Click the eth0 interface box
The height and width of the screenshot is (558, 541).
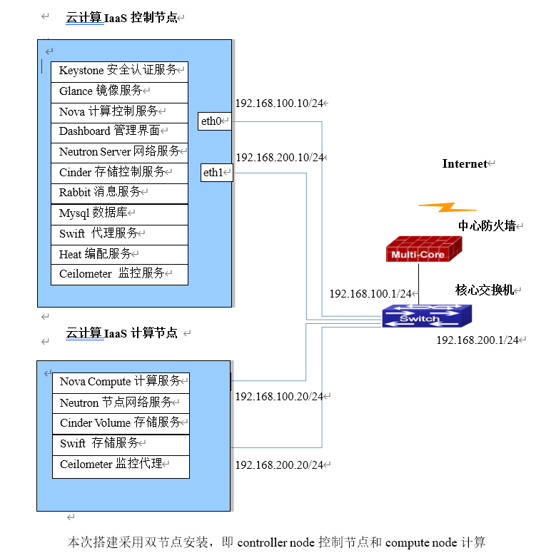pos(215,121)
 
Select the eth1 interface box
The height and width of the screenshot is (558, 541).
pos(216,173)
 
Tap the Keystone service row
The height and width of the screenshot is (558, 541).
pos(119,71)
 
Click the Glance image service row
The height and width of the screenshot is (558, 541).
pos(119,91)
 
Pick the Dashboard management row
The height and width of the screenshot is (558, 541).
pos(119,131)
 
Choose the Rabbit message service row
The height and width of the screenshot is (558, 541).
pos(119,193)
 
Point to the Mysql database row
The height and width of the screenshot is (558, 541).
pos(119,213)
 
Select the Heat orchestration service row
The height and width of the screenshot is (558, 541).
pos(119,254)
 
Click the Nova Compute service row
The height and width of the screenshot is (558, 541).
pos(121,382)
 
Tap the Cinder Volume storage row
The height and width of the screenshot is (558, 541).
pos(121,422)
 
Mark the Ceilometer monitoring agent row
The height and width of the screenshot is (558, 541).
pos(121,465)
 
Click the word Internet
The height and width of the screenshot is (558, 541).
pos(465,164)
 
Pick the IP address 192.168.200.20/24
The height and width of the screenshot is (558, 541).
pos(279,465)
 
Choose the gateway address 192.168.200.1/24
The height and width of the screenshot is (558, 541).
pos(477,340)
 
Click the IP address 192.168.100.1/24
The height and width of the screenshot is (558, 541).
pos(370,293)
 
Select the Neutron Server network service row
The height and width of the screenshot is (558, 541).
pos(119,152)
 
